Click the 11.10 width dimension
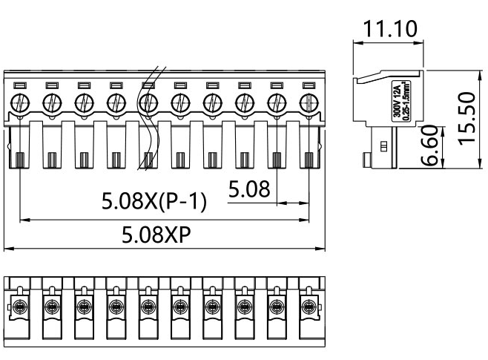390,30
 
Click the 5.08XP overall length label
156,235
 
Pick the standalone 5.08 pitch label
247,190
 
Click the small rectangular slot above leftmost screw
20,85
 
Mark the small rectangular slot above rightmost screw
308,85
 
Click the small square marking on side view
383,147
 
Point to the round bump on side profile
366,159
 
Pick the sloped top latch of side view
386,75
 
